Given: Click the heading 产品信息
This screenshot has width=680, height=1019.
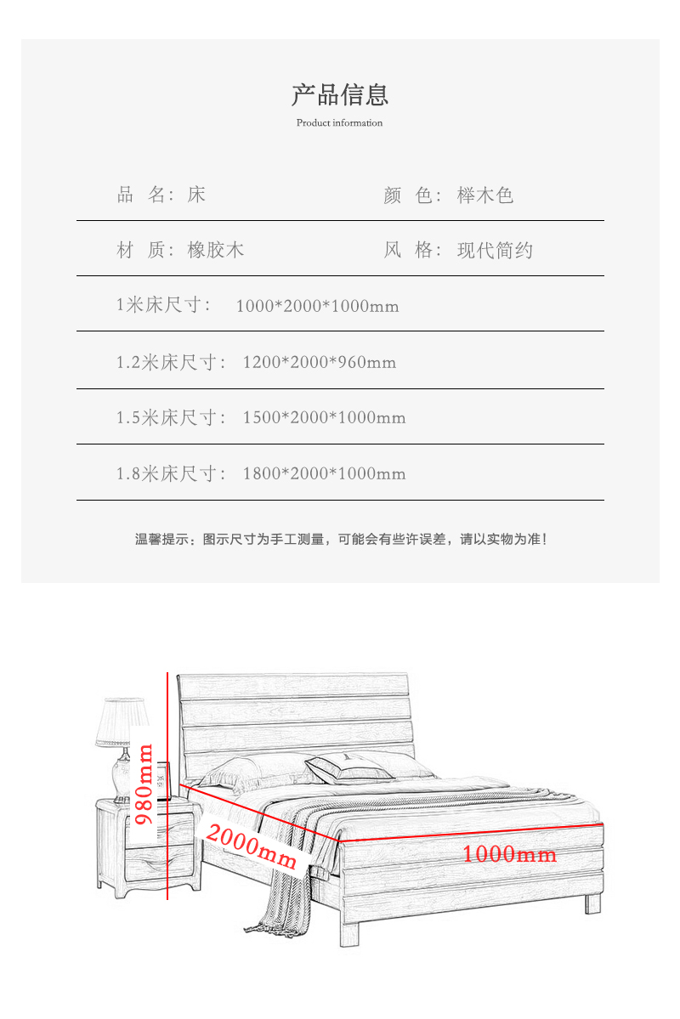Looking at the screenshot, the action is coord(340,95).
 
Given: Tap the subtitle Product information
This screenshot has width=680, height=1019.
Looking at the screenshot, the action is coord(339,123).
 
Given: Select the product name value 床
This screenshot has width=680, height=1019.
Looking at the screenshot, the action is coord(196,195).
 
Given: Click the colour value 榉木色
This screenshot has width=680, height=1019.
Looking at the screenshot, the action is coord(485,195).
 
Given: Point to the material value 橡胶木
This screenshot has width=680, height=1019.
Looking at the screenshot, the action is coord(216,250).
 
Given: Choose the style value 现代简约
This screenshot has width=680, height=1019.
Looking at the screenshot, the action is coord(495,250).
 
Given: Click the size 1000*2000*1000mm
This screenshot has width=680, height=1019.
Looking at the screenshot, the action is coord(317,306).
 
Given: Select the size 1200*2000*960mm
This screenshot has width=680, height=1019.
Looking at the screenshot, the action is coord(320,362).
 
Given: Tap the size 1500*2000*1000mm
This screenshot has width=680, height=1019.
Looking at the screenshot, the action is coord(324,417).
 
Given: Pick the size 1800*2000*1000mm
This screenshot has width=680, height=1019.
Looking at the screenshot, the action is coord(324,473).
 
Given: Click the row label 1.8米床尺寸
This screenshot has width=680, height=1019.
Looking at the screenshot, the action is coord(171,473).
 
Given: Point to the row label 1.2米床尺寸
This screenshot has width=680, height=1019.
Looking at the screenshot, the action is coord(171,362).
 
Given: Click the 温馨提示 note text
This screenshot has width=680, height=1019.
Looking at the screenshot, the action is coord(341,539).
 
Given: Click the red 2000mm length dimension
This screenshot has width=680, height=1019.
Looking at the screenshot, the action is coord(252,846).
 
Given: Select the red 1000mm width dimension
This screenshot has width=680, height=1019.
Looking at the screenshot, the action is coord(509,853).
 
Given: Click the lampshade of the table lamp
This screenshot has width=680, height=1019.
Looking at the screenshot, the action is coord(123,722).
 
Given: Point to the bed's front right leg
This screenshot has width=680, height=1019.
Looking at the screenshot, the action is coord(592,904).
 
